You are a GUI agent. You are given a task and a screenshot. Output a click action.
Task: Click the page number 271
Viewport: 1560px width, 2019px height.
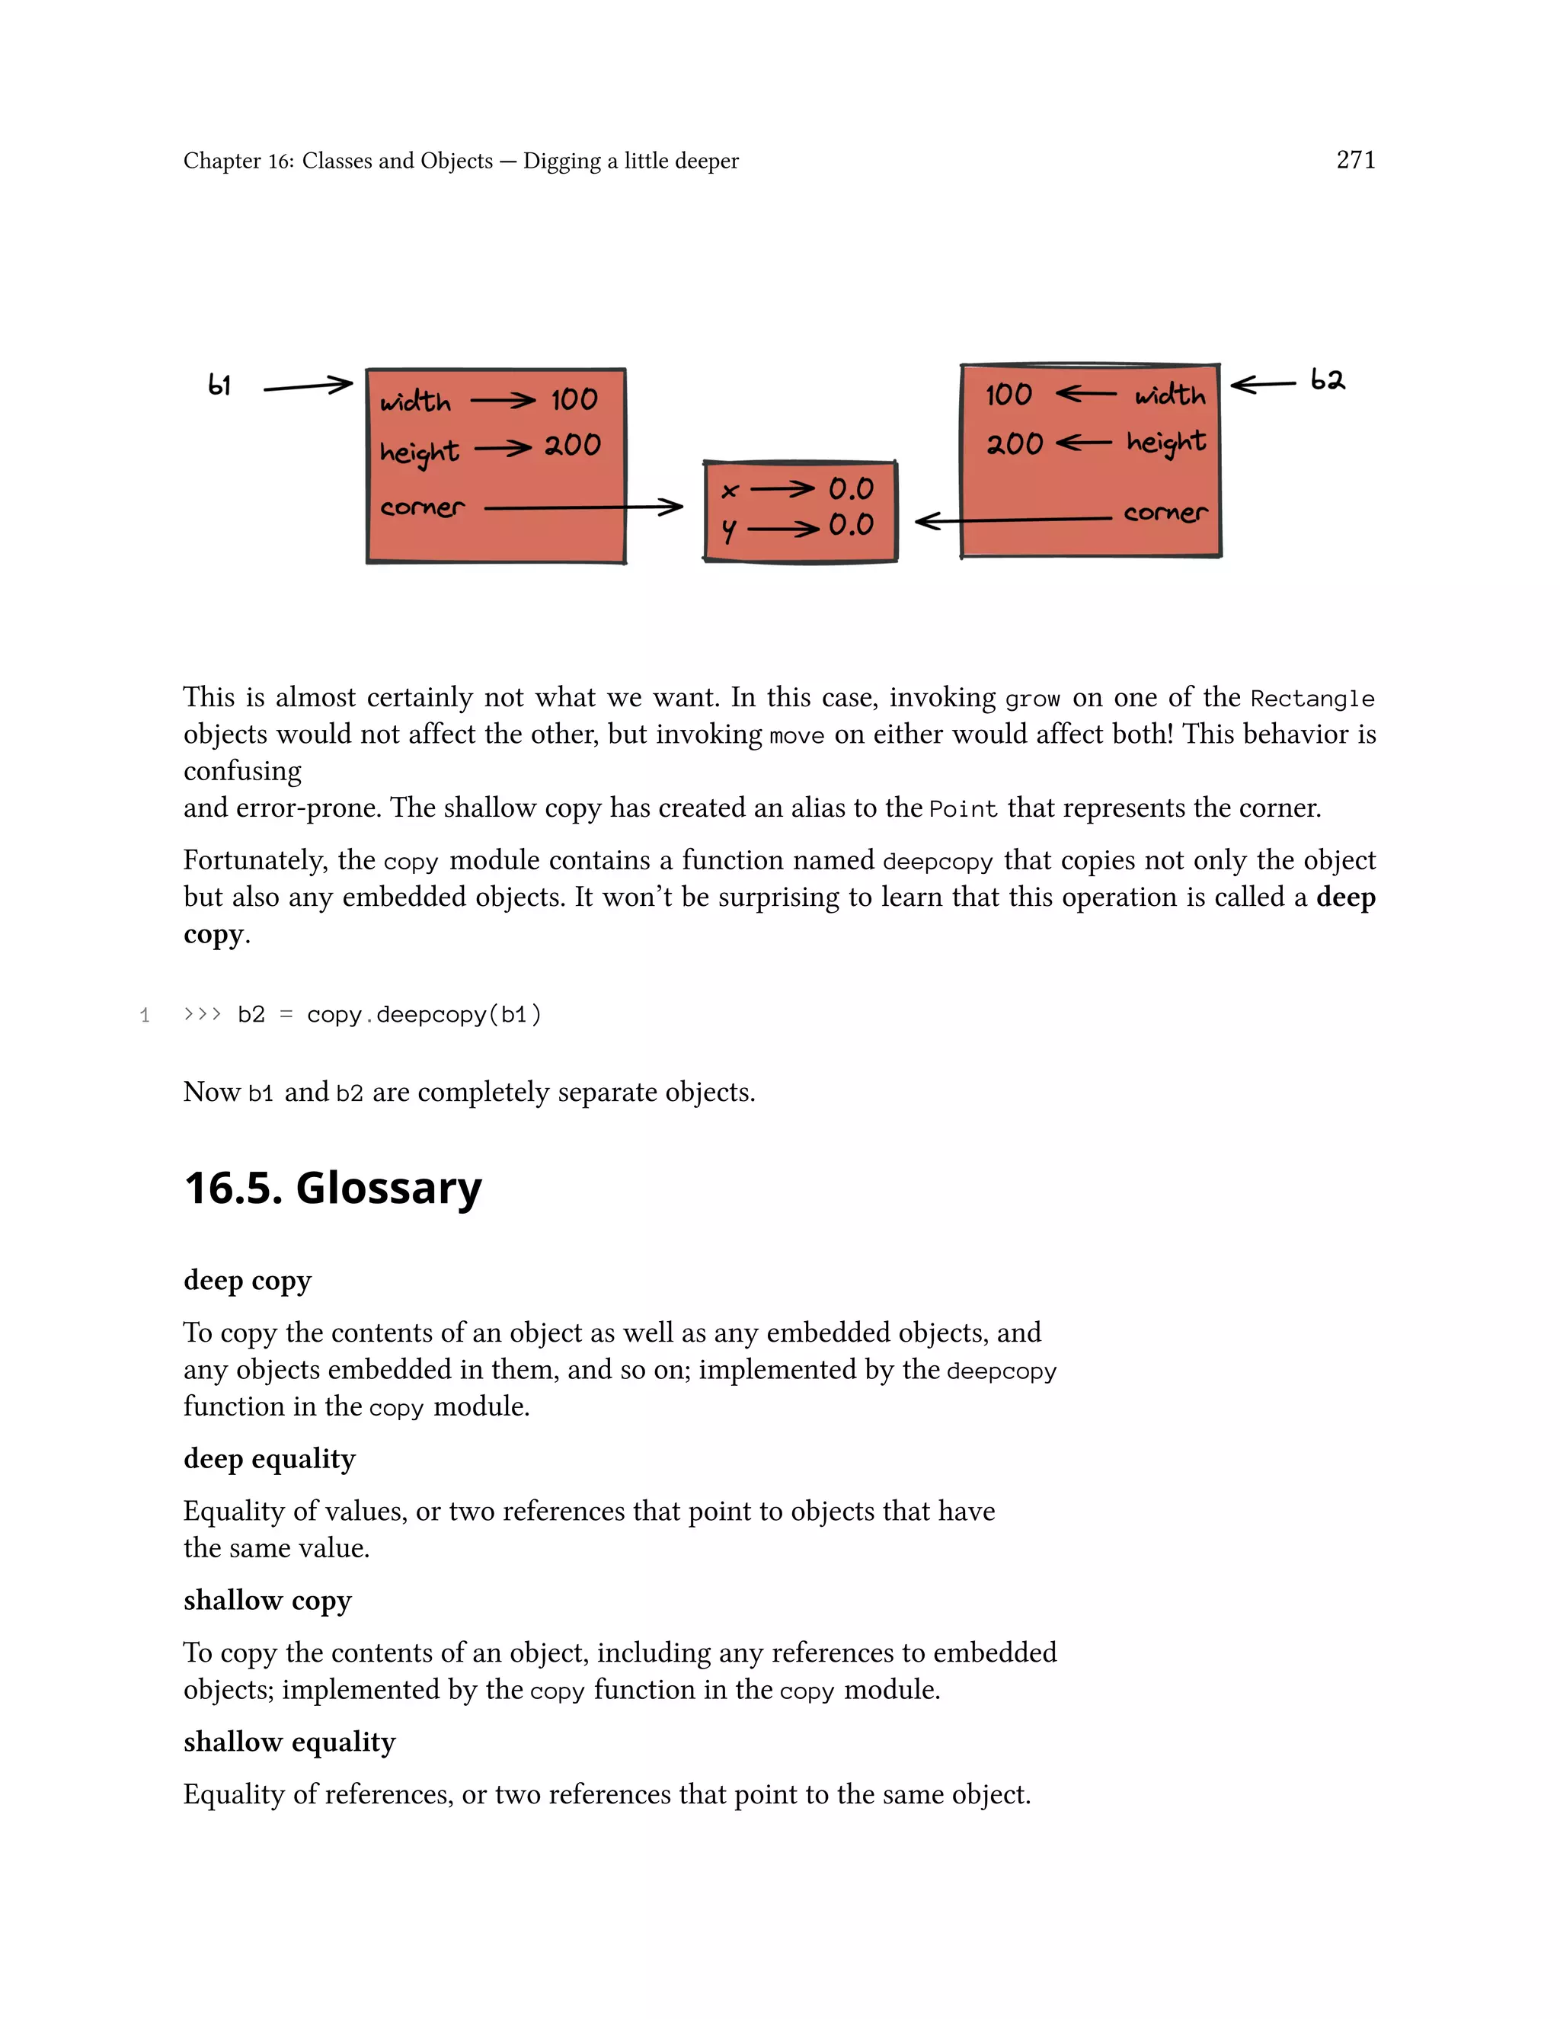(1355, 160)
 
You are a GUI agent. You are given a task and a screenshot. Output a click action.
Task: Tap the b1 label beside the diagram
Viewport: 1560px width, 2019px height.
(220, 385)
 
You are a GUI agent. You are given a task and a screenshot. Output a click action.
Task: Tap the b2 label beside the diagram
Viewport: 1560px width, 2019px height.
(1327, 380)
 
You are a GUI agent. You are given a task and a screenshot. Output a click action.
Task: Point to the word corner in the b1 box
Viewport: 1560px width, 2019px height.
(422, 507)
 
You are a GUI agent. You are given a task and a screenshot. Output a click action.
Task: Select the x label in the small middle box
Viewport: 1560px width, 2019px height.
(730, 491)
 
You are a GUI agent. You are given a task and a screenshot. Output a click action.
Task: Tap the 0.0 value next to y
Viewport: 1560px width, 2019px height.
(850, 525)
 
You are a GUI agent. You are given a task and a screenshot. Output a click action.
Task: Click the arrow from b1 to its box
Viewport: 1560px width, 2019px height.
(308, 386)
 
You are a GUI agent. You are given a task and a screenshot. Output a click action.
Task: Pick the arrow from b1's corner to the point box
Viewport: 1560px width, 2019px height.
(582, 507)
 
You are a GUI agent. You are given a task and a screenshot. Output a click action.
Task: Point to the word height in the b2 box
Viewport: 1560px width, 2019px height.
(1165, 443)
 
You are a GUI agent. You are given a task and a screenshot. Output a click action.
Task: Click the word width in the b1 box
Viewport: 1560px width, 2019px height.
(415, 402)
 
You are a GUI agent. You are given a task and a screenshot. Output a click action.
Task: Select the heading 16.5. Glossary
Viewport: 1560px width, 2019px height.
(333, 1187)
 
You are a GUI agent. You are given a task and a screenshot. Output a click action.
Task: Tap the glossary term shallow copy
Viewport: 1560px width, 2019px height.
(267, 1599)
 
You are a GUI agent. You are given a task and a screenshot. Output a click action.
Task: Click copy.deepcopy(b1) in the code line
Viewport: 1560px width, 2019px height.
(424, 1014)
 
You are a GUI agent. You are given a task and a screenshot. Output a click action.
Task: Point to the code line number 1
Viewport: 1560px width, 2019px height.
(145, 1015)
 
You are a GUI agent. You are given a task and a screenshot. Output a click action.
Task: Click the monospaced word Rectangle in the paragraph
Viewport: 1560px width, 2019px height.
(1312, 699)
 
